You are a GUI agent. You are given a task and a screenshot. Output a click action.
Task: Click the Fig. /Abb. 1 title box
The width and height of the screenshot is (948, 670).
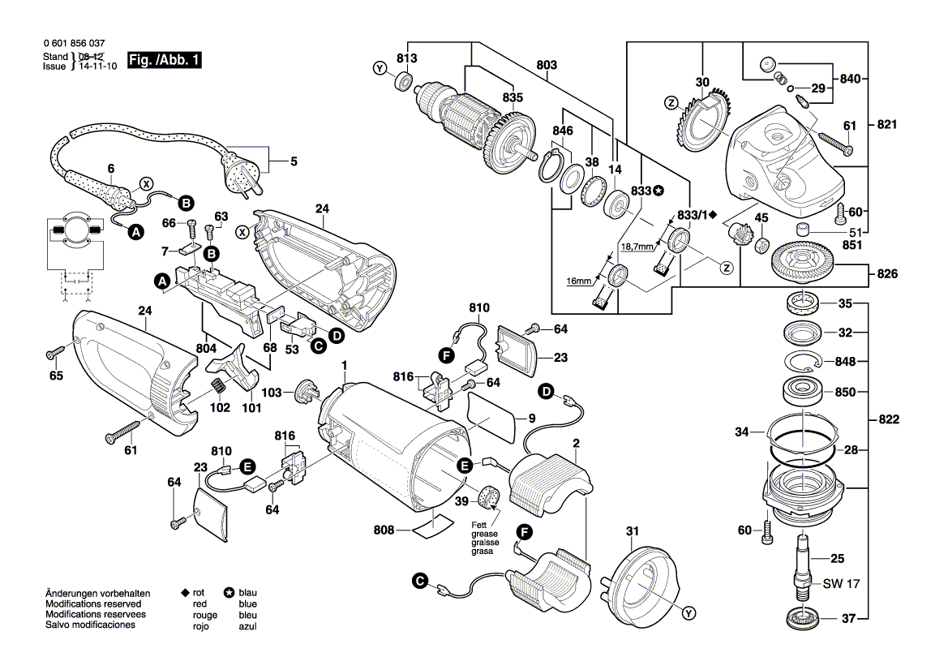pyautogui.click(x=165, y=62)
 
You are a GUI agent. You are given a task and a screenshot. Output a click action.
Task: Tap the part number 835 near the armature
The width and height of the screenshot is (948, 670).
pyautogui.click(x=513, y=97)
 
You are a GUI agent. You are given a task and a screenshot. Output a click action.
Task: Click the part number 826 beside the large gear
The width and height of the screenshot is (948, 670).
pyautogui.click(x=887, y=274)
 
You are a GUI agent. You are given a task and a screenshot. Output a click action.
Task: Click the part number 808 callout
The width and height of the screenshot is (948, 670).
pyautogui.click(x=384, y=530)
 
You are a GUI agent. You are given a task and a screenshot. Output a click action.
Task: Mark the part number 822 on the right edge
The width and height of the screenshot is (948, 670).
pyautogui.click(x=887, y=420)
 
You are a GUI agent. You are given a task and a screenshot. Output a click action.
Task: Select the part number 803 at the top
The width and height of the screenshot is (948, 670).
pyautogui.click(x=547, y=64)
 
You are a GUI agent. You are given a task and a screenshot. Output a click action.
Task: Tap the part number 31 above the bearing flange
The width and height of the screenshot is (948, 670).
pyautogui.click(x=633, y=531)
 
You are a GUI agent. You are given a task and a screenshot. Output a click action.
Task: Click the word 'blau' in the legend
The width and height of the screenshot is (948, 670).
pyautogui.click(x=248, y=593)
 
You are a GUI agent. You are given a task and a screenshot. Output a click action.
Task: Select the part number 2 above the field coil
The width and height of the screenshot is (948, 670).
pyautogui.click(x=576, y=443)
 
